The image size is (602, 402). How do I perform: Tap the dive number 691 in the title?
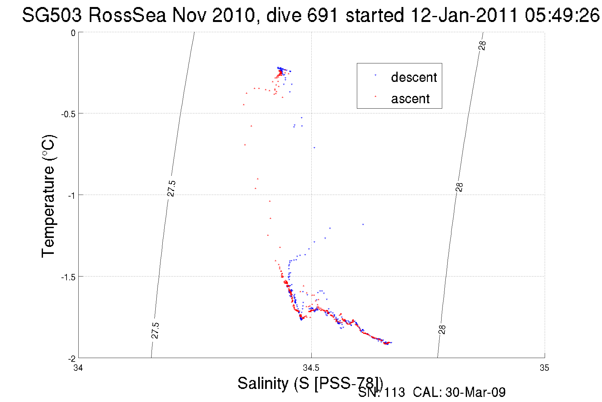[x=322, y=15]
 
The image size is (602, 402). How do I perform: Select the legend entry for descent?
[x=414, y=77]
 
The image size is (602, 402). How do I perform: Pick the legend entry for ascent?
[x=410, y=99]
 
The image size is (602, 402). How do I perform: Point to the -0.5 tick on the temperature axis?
[x=68, y=114]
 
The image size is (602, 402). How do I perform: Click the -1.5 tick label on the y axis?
[x=68, y=277]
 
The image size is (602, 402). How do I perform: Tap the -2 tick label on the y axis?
[x=72, y=359]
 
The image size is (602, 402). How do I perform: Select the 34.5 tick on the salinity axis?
[x=311, y=368]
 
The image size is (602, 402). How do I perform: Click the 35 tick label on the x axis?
[x=544, y=368]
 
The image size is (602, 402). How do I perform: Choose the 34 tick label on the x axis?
[x=78, y=368]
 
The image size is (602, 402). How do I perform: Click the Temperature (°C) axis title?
[x=48, y=196]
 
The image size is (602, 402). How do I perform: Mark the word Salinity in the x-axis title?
[x=263, y=383]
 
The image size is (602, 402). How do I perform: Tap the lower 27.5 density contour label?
[x=155, y=330]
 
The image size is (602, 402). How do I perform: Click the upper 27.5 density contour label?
[x=171, y=188]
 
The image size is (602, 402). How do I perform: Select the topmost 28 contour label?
[x=482, y=46]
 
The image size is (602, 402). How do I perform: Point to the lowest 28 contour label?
[x=443, y=329]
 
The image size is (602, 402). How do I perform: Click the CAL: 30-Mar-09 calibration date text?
[x=459, y=392]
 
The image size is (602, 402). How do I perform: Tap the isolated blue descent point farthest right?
[x=363, y=225]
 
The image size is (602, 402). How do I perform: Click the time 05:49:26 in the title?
[x=562, y=15]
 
